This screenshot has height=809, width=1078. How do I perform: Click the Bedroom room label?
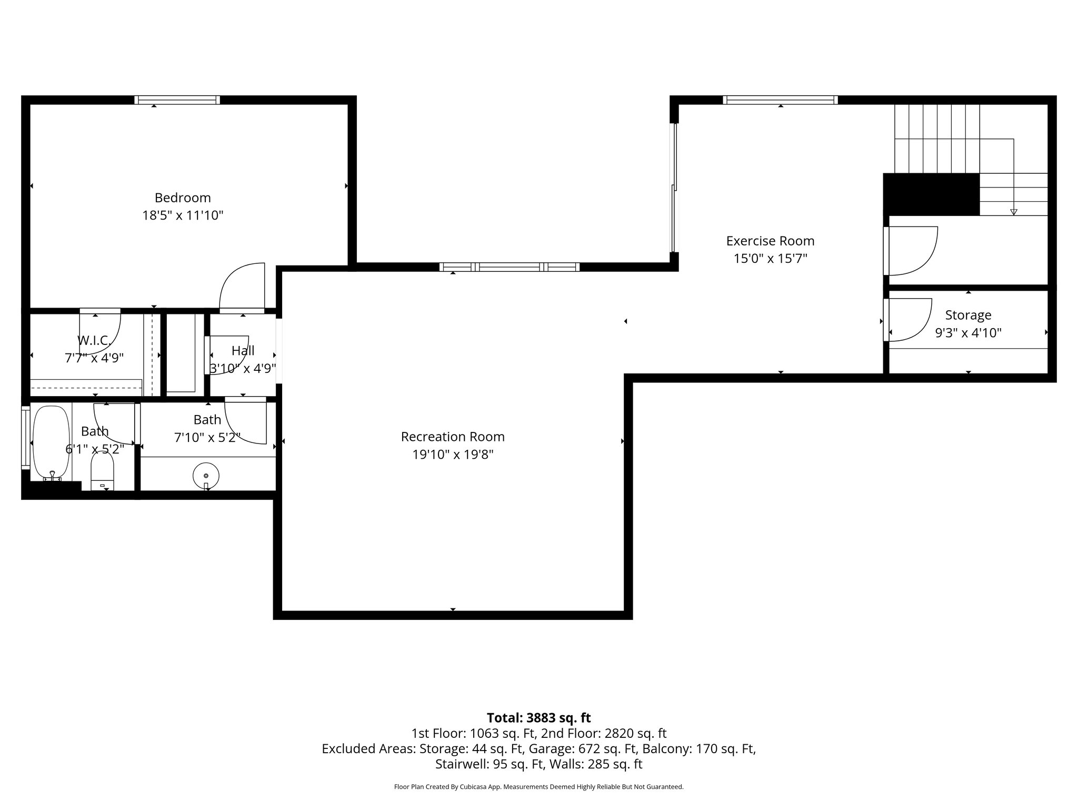183,198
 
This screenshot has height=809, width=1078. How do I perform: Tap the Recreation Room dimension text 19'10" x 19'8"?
453,455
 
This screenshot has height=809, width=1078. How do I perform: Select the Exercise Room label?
770,241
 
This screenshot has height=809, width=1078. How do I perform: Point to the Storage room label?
968,315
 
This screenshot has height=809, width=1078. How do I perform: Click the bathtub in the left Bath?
51,442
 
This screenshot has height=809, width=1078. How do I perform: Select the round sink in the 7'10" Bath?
206,475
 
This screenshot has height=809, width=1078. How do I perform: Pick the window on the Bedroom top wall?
177,100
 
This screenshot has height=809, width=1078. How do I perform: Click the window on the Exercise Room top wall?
780,100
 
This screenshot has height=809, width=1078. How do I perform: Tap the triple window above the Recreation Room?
509,267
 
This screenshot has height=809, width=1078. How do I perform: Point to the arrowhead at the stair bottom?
1014,212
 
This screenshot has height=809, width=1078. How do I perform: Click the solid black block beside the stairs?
931,194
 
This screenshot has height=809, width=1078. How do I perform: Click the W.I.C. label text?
94,341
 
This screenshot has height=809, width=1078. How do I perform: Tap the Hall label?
243,350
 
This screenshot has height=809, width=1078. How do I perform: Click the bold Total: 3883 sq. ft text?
538,718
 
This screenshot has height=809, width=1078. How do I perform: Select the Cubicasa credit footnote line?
538,787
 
